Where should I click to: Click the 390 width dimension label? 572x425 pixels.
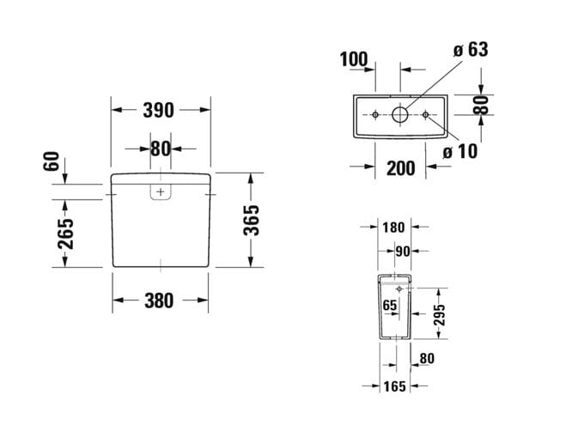tap(158, 110)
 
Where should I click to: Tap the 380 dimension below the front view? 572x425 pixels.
tap(159, 301)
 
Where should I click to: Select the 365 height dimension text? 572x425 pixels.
tap(252, 221)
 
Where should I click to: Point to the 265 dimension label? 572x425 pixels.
tap(65, 234)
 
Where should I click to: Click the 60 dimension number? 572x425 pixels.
tap(52, 161)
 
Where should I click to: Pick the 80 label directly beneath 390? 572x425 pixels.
tap(160, 149)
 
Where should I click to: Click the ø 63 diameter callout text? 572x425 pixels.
tap(471, 49)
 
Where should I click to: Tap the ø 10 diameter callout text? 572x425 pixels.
tap(460, 151)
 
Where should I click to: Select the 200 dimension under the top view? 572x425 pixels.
tap(400, 168)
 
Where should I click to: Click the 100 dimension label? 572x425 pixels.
tap(354, 59)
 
